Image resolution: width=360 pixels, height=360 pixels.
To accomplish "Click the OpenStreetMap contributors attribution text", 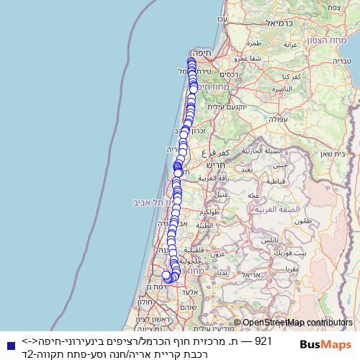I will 297,323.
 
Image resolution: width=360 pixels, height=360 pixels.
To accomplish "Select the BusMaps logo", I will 325,346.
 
